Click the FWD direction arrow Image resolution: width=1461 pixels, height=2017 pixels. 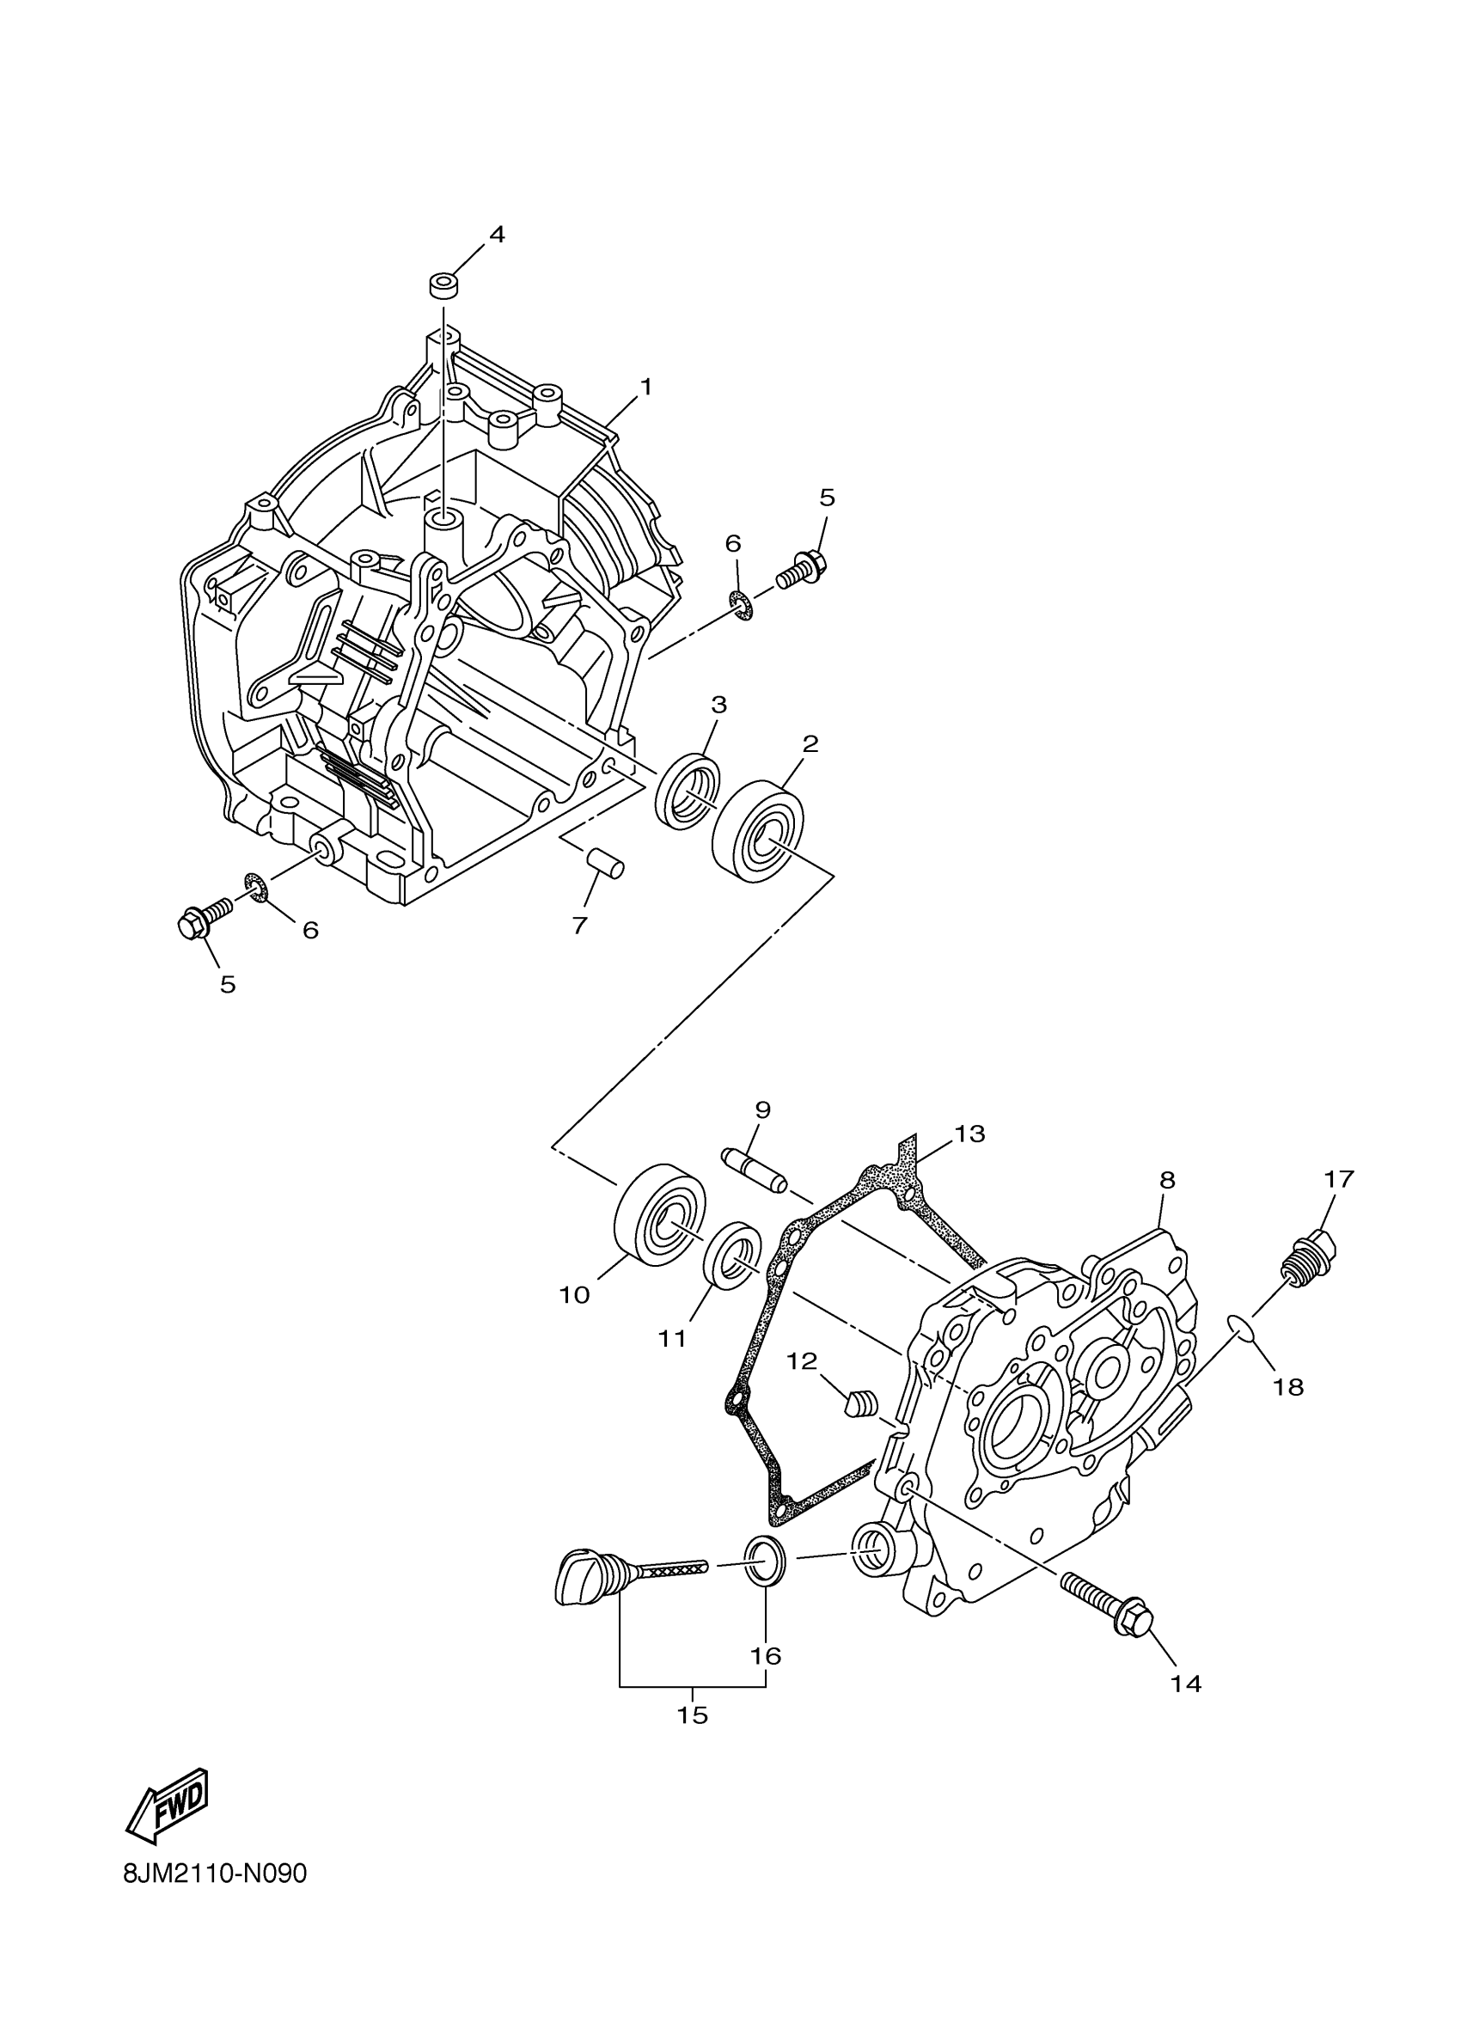[168, 1800]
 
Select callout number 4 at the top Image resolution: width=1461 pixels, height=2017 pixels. [496, 235]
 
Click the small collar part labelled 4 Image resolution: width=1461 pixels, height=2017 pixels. [443, 287]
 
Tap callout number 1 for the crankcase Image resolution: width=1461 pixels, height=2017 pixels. [646, 387]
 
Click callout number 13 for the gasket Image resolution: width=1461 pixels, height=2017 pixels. [970, 1134]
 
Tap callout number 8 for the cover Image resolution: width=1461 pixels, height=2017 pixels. [1168, 1180]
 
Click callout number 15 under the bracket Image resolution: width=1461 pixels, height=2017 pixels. [692, 1714]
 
